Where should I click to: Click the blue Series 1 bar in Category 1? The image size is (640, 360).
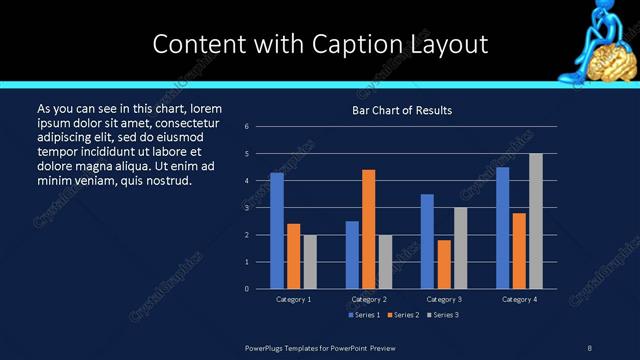coord(277,230)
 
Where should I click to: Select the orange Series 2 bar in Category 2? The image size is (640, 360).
coord(369,228)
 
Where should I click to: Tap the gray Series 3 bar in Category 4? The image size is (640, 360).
coord(536,220)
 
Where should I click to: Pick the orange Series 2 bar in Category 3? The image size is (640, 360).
coord(444,264)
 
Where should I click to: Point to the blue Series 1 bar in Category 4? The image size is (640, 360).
coord(502,227)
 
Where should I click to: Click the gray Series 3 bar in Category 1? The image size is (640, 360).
coord(310,261)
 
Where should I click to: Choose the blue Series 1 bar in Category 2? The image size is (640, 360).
coord(352,254)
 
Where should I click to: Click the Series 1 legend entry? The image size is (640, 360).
coord(364,315)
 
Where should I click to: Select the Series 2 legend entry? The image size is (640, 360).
coord(402,315)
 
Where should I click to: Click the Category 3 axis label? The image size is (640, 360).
coord(443,300)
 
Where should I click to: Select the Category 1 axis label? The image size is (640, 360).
coord(294,300)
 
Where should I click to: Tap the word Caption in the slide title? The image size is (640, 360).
coord(381,44)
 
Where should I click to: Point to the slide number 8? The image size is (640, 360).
coord(589,347)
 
